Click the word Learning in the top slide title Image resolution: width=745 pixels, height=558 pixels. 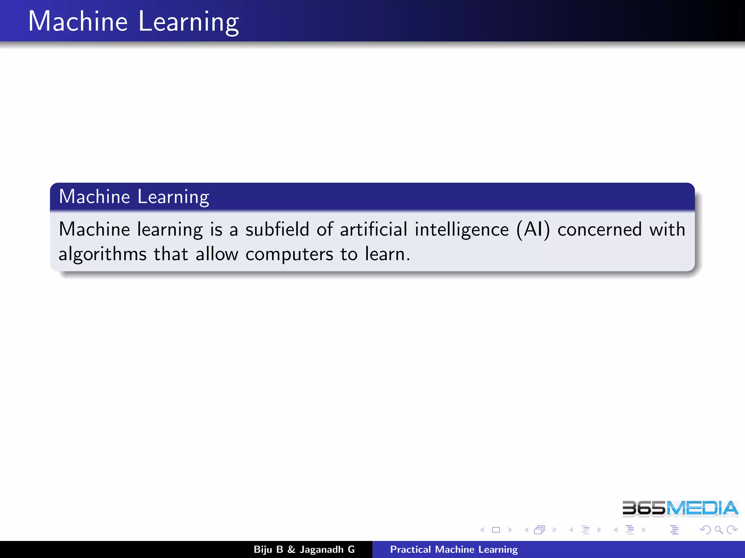click(x=188, y=22)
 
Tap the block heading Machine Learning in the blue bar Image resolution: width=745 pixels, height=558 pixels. click(x=134, y=197)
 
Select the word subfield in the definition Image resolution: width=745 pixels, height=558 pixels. click(x=277, y=230)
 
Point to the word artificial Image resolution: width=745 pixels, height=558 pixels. click(x=373, y=230)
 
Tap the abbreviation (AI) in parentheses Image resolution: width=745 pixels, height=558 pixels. click(x=533, y=230)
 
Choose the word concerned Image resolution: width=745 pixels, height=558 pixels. click(x=599, y=230)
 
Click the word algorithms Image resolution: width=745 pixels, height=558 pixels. click(x=103, y=254)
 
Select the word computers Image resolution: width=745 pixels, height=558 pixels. click(x=289, y=254)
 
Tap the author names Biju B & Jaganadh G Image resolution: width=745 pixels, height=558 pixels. click(x=304, y=549)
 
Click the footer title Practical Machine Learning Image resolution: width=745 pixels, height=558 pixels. click(x=454, y=549)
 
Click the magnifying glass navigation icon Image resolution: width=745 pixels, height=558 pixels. click(x=718, y=530)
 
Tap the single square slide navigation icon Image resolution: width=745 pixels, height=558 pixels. click(x=496, y=530)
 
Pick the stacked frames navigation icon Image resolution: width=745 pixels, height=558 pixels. click(x=539, y=530)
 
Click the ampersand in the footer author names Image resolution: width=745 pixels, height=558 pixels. click(x=291, y=549)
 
